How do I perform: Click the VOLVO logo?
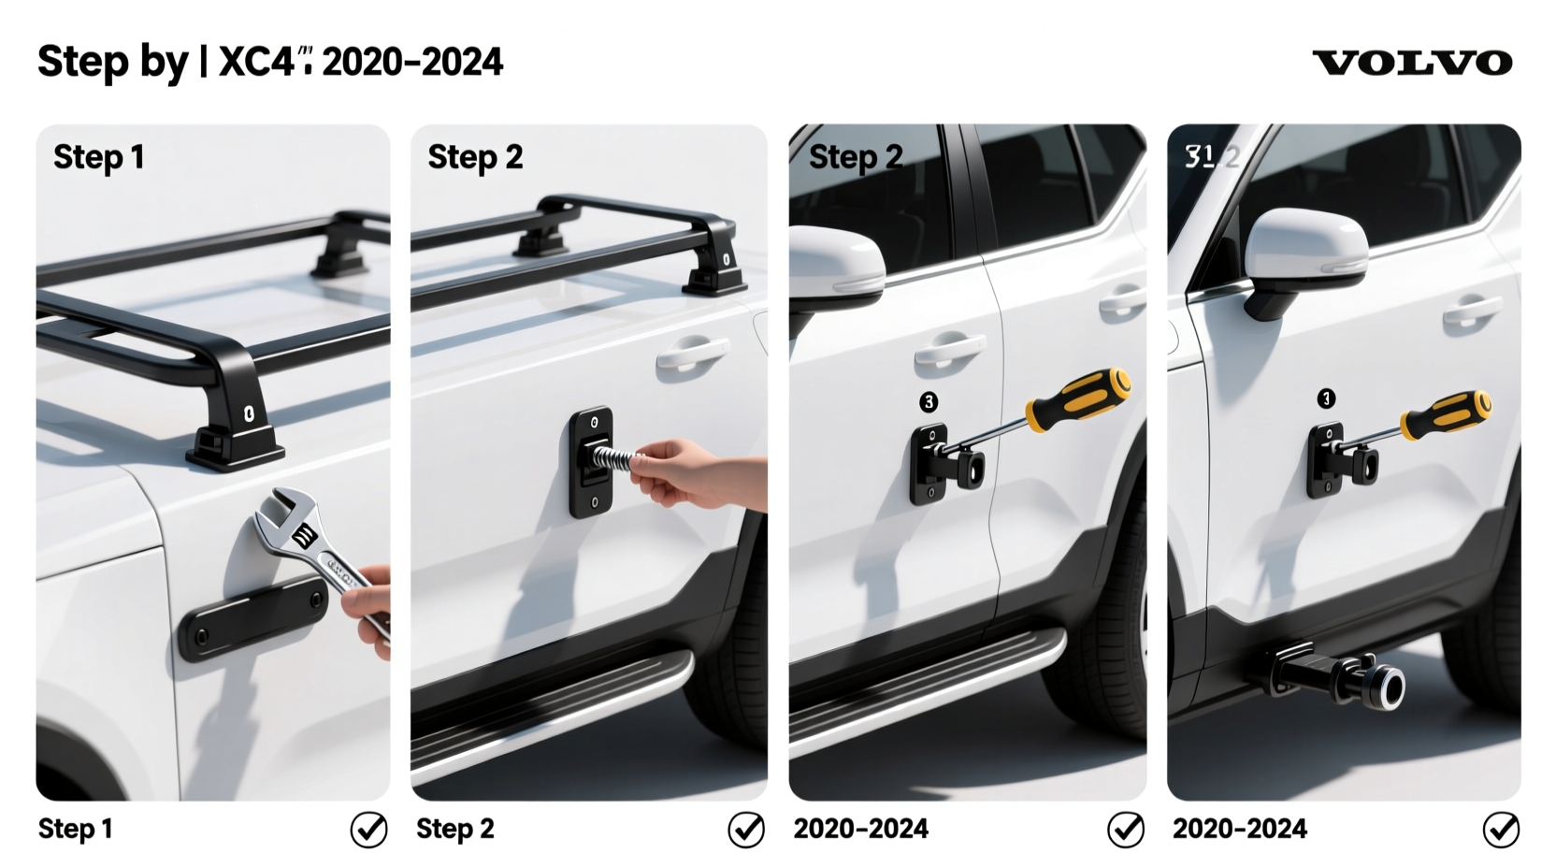tap(1412, 63)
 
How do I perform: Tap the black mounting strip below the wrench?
tap(252, 617)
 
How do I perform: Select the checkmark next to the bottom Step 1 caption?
tap(368, 829)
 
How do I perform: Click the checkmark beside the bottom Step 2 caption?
tap(746, 829)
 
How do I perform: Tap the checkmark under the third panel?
tap(1125, 829)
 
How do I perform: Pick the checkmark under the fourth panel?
tap(1501, 829)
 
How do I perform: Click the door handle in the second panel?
tap(691, 354)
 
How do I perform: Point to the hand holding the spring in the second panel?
tap(687, 472)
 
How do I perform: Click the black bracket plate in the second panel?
tap(591, 462)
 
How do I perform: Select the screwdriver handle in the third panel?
tap(1079, 399)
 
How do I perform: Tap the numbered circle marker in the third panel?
tap(928, 402)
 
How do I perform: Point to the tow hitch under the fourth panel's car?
tap(1337, 675)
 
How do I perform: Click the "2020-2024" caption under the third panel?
tap(860, 829)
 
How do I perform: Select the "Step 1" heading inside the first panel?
tap(98, 157)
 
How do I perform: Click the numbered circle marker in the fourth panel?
tap(1326, 399)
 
